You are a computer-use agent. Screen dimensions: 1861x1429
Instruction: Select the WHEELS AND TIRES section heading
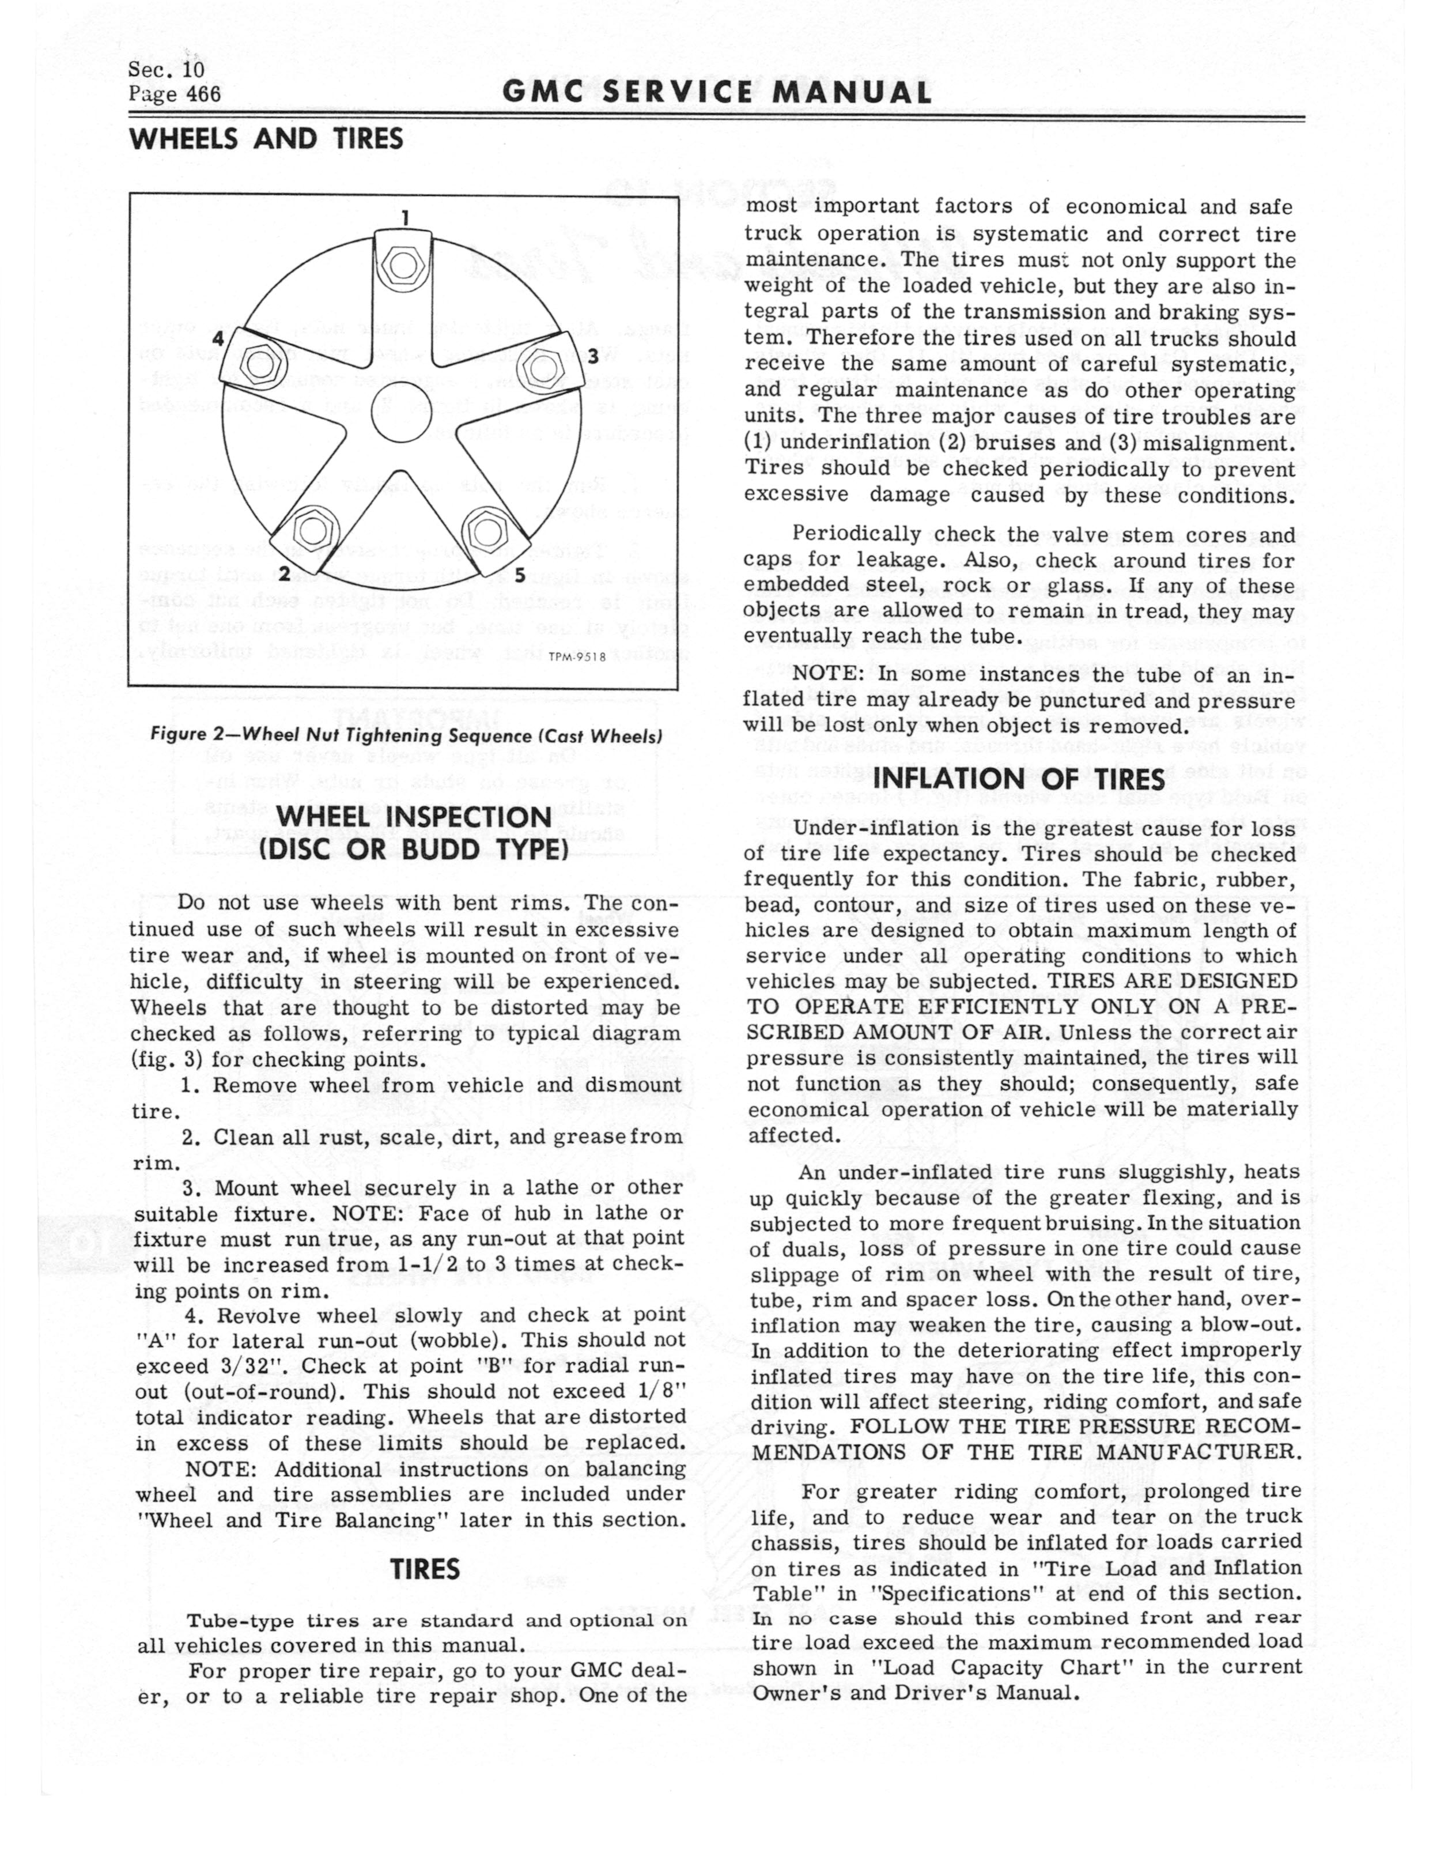(266, 139)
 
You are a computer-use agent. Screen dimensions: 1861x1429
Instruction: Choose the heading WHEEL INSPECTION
(413, 817)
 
